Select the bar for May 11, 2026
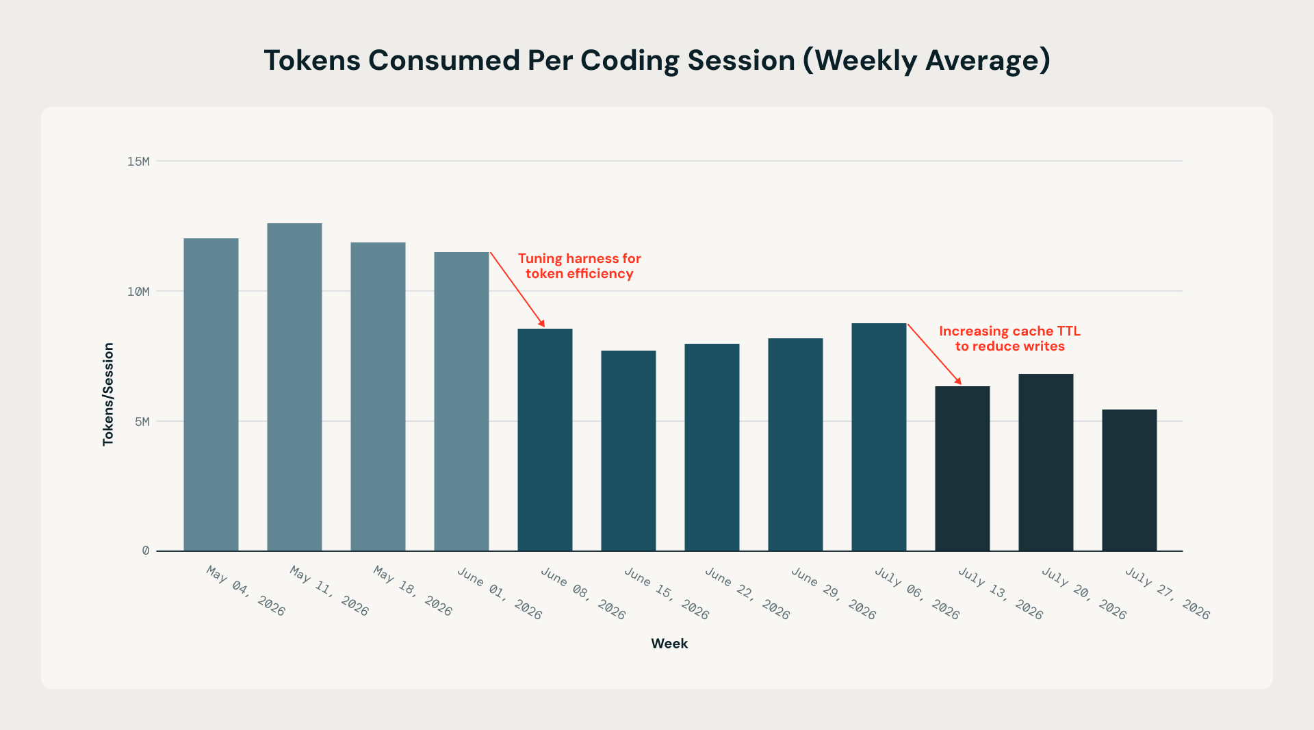click(x=294, y=387)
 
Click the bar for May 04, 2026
click(x=211, y=394)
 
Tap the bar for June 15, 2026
click(x=628, y=451)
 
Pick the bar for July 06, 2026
click(x=879, y=437)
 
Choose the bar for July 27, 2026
click(x=1129, y=480)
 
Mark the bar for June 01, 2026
click(x=461, y=401)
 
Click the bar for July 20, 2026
click(x=1046, y=462)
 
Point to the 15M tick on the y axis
click(x=138, y=162)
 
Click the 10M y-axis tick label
click(x=138, y=292)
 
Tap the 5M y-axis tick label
click(x=142, y=422)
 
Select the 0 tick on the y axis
click(x=146, y=551)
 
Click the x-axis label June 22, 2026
click(x=747, y=594)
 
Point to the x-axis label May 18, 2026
click(x=413, y=591)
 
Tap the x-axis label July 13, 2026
click(x=1001, y=594)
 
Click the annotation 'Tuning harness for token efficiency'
click(x=580, y=266)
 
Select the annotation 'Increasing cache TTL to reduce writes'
click(x=1010, y=338)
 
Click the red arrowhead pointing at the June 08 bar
click(x=542, y=323)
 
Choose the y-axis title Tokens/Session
click(x=108, y=394)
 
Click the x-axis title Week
click(x=669, y=644)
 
